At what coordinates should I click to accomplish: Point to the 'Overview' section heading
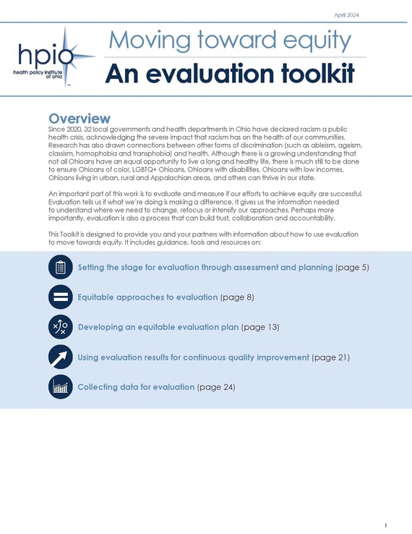[79, 118]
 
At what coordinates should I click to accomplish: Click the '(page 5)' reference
[353, 268]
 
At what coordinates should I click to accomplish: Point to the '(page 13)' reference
[260, 328]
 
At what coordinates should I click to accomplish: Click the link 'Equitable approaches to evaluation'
[147, 297]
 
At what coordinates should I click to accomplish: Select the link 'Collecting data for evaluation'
[136, 387]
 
